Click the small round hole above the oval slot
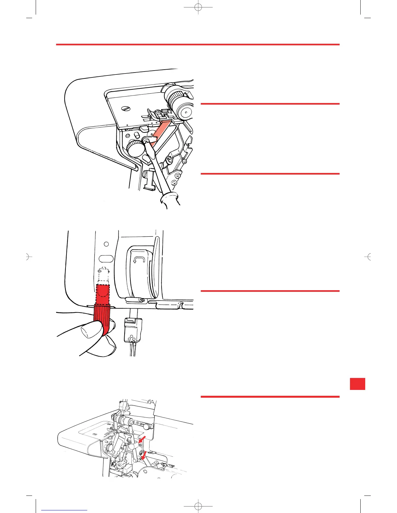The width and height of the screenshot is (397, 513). (x=106, y=244)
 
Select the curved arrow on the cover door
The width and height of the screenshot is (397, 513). (x=138, y=259)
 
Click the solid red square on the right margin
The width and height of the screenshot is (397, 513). (x=357, y=384)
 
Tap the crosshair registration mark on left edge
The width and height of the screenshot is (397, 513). (x=28, y=257)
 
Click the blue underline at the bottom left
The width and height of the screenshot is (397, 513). (x=64, y=511)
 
